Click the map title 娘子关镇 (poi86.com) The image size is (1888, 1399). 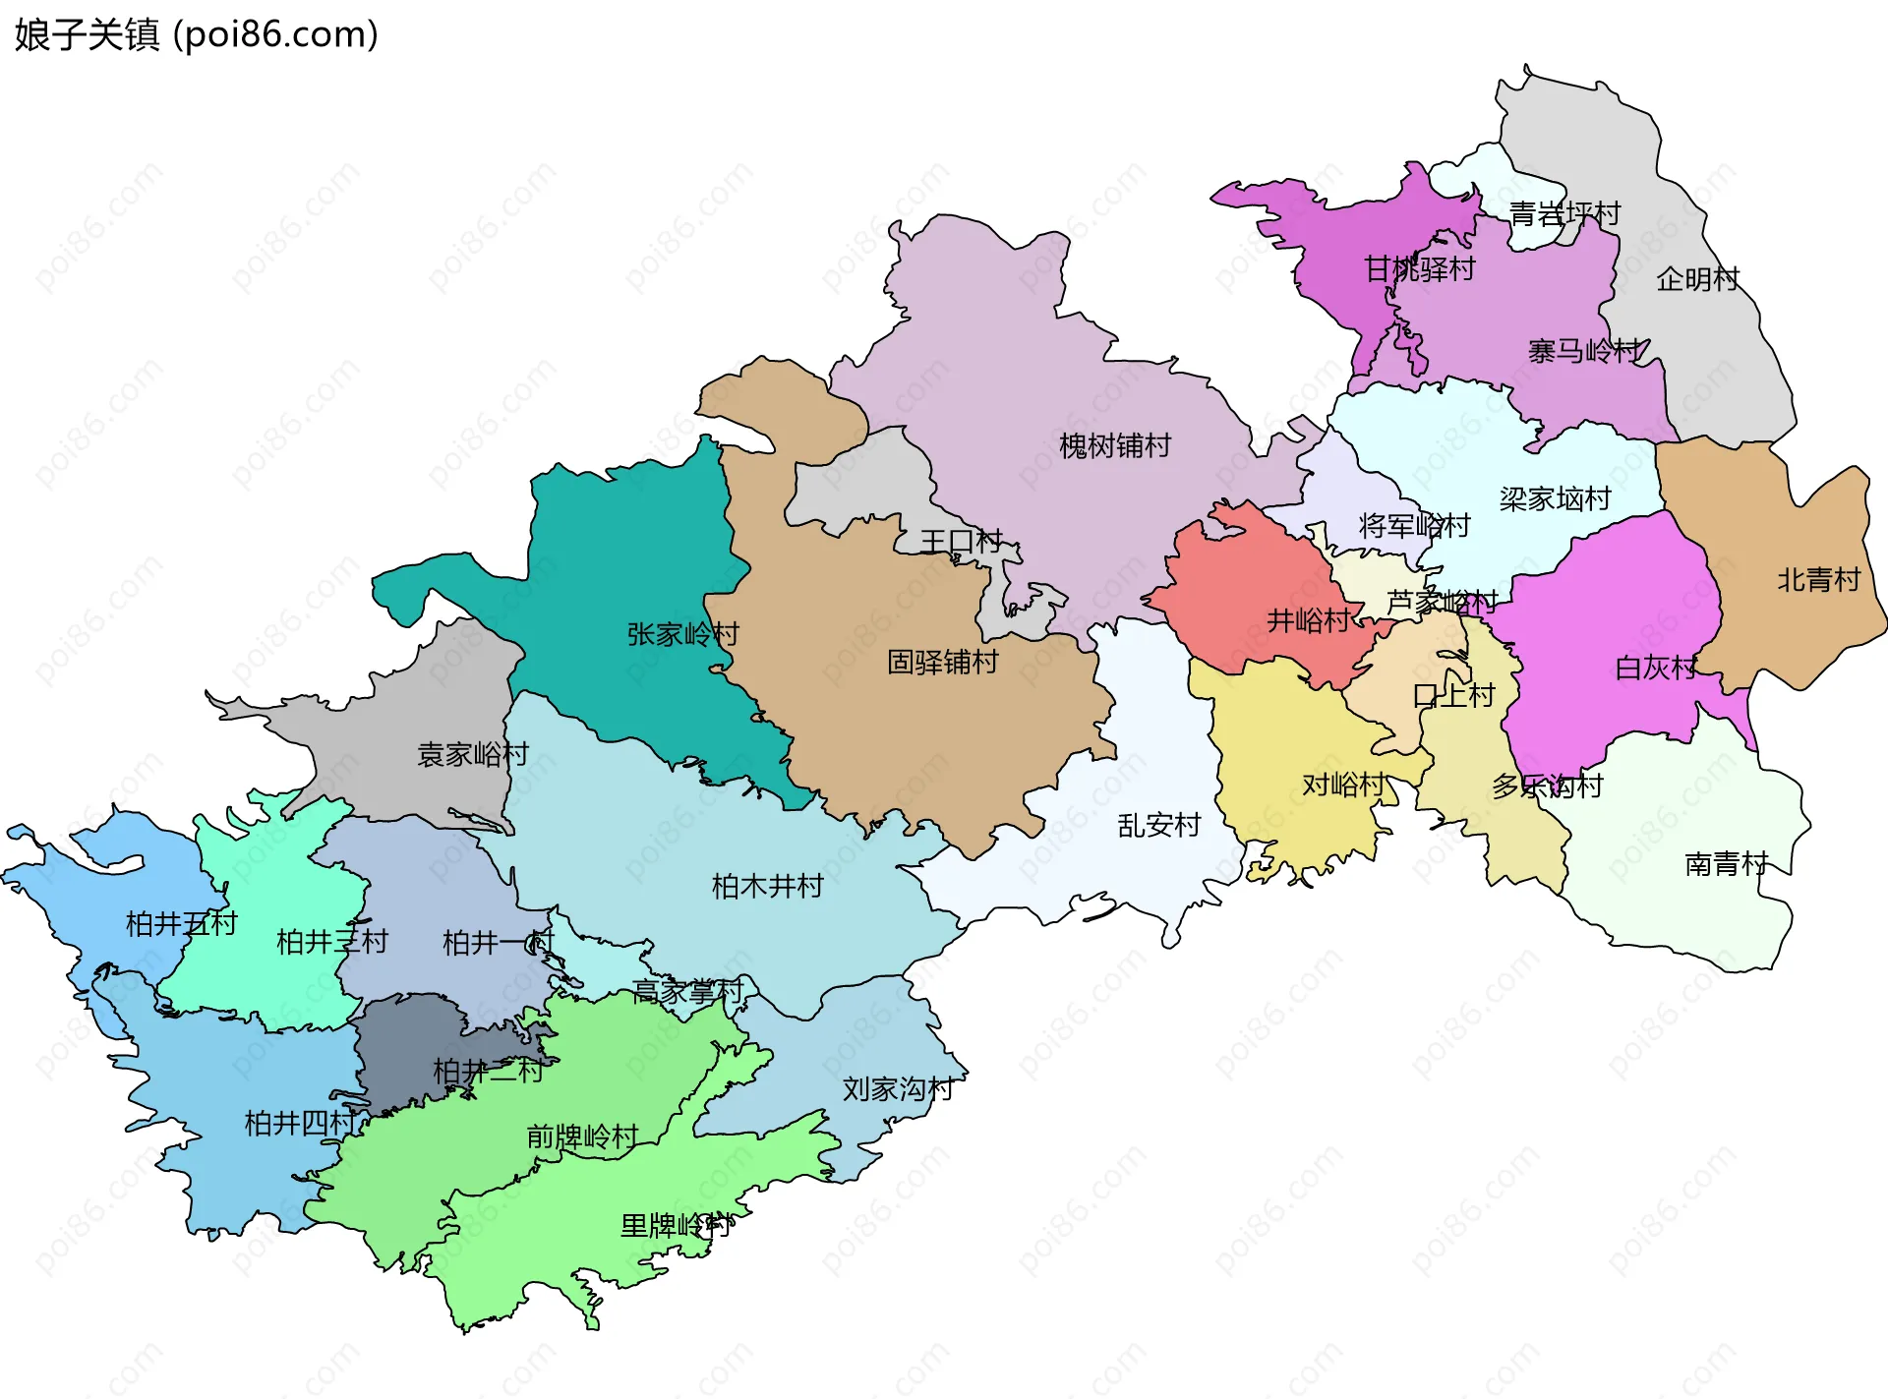click(197, 34)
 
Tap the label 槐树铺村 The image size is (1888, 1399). click(1114, 446)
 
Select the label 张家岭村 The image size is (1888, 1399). click(682, 634)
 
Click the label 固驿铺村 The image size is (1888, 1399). click(942, 662)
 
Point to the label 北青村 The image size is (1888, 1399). click(1818, 580)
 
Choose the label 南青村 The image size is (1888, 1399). click(1726, 864)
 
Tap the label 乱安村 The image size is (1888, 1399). click(1158, 825)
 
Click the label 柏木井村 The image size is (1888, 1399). click(767, 887)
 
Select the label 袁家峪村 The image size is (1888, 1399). click(473, 755)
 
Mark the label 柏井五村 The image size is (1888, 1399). click(181, 924)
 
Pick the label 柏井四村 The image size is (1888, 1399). click(300, 1123)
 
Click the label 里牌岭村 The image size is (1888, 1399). click(676, 1226)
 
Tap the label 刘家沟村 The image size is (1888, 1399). click(898, 1089)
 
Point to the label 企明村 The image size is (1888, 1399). click(1697, 280)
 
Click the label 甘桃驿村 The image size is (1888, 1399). click(1419, 269)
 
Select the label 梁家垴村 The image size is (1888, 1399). click(1555, 499)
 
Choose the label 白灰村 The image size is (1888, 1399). click(1656, 669)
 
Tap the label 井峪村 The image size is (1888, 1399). click(1308, 620)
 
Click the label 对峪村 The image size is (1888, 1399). click(1343, 785)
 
